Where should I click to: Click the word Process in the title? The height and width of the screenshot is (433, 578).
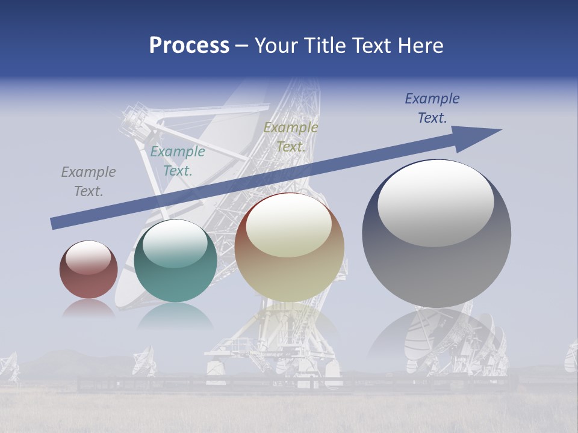point(189,46)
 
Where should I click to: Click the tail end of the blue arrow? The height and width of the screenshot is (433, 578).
point(53,223)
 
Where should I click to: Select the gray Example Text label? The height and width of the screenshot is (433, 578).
point(88,182)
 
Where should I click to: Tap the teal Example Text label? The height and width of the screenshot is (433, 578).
point(178,161)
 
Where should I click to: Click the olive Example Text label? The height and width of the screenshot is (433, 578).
point(291,137)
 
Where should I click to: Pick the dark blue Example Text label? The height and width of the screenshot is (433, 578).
point(432,108)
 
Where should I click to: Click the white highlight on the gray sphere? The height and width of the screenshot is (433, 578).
point(435,203)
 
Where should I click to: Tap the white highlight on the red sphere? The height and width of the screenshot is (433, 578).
point(88,257)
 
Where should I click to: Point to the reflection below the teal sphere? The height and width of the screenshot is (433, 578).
point(175,316)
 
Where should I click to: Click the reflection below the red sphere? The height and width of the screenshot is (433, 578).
point(88,309)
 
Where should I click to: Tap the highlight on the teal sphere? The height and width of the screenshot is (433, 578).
point(175,244)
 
